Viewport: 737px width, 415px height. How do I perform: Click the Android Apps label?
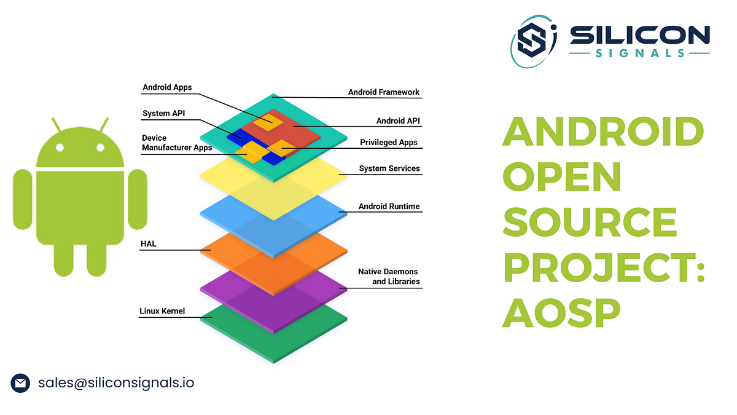tap(167, 87)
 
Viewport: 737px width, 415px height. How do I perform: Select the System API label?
tap(163, 114)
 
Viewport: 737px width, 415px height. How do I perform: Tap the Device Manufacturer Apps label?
tap(176, 143)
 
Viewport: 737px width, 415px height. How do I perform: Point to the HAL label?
tap(148, 244)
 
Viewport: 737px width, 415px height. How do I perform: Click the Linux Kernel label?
tap(162, 311)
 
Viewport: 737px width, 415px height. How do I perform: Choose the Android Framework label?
tap(384, 93)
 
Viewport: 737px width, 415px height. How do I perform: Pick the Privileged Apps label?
tap(388, 143)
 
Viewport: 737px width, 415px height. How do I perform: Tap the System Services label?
tap(389, 168)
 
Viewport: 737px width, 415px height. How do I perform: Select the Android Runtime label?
tap(389, 207)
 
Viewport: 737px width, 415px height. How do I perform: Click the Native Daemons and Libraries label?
tap(389, 277)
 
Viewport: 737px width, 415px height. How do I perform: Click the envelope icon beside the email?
tap(20, 383)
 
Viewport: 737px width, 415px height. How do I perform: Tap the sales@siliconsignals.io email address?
tap(116, 383)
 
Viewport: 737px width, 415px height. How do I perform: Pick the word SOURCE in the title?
tap(590, 221)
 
